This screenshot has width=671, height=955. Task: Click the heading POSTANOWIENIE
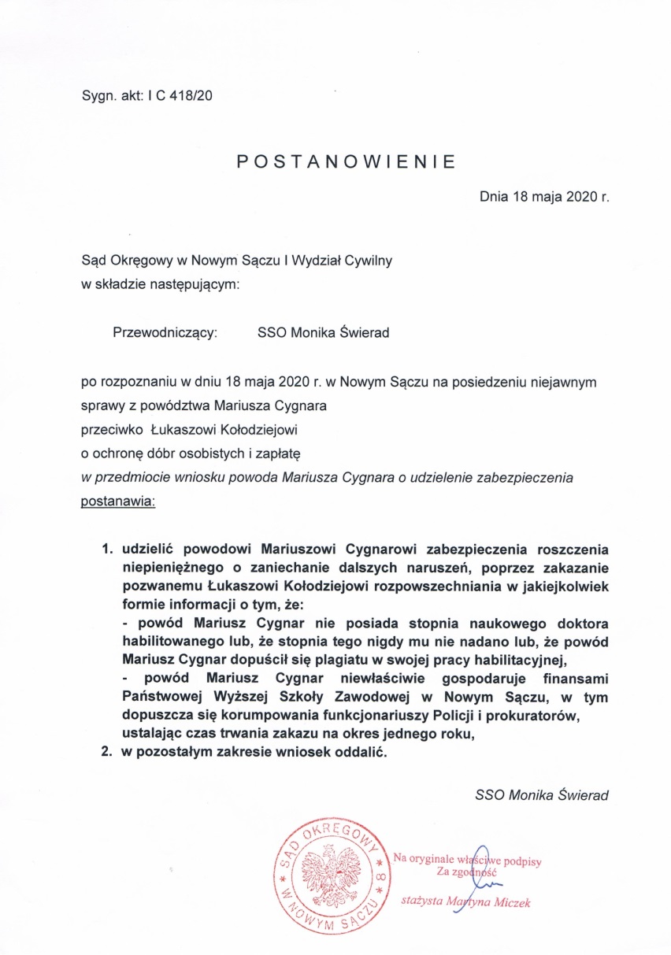347,162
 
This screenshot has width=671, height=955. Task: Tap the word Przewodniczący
165,333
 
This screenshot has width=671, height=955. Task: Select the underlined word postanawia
118,502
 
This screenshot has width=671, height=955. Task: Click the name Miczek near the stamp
509,901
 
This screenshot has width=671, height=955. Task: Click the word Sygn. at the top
98,96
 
